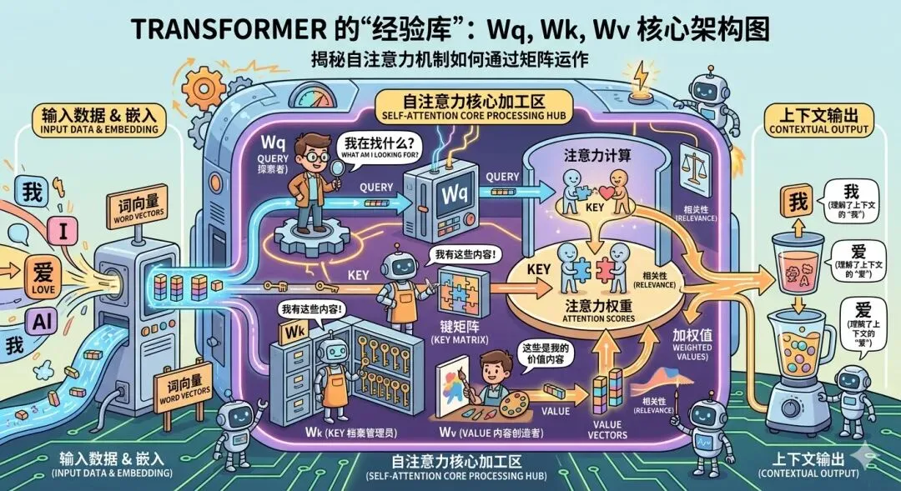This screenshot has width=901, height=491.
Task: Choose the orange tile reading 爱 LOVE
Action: (42, 276)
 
